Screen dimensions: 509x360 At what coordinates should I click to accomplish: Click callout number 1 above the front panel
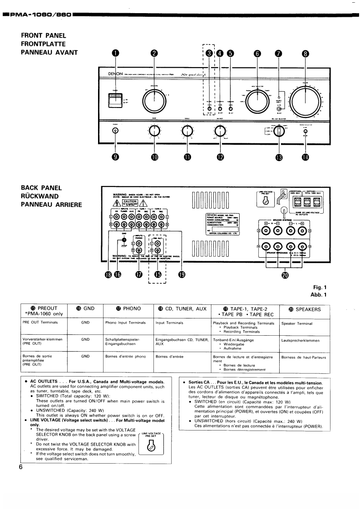point(115,53)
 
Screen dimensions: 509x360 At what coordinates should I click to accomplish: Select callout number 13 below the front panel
point(279,157)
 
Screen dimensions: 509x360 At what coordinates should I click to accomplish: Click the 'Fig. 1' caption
point(320,287)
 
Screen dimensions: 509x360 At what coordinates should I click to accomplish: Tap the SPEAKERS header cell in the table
point(304,309)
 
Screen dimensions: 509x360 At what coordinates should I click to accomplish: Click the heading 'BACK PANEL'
point(41,187)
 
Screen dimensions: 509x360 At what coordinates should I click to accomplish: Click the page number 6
point(21,468)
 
